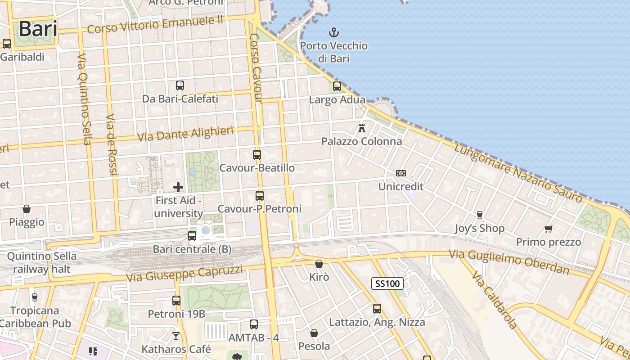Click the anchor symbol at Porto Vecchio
334,32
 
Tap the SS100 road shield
387,283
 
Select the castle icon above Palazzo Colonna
361,128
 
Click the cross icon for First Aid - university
178,187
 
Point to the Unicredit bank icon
400,173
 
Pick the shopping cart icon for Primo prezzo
548,229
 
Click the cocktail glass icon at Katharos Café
176,336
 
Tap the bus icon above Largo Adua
337,86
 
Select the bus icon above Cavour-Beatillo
256,155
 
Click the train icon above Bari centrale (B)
192,235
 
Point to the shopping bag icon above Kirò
319,264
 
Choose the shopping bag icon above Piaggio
27,209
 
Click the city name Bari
38,29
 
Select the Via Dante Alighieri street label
185,134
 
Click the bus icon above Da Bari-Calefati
180,85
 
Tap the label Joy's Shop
480,229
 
